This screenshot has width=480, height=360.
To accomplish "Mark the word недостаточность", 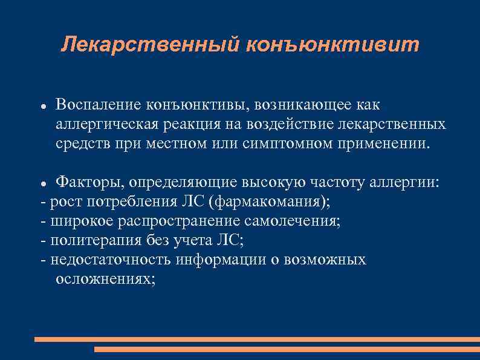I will click(x=112, y=260).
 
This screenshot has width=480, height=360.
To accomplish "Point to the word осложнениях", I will click(x=105, y=279).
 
